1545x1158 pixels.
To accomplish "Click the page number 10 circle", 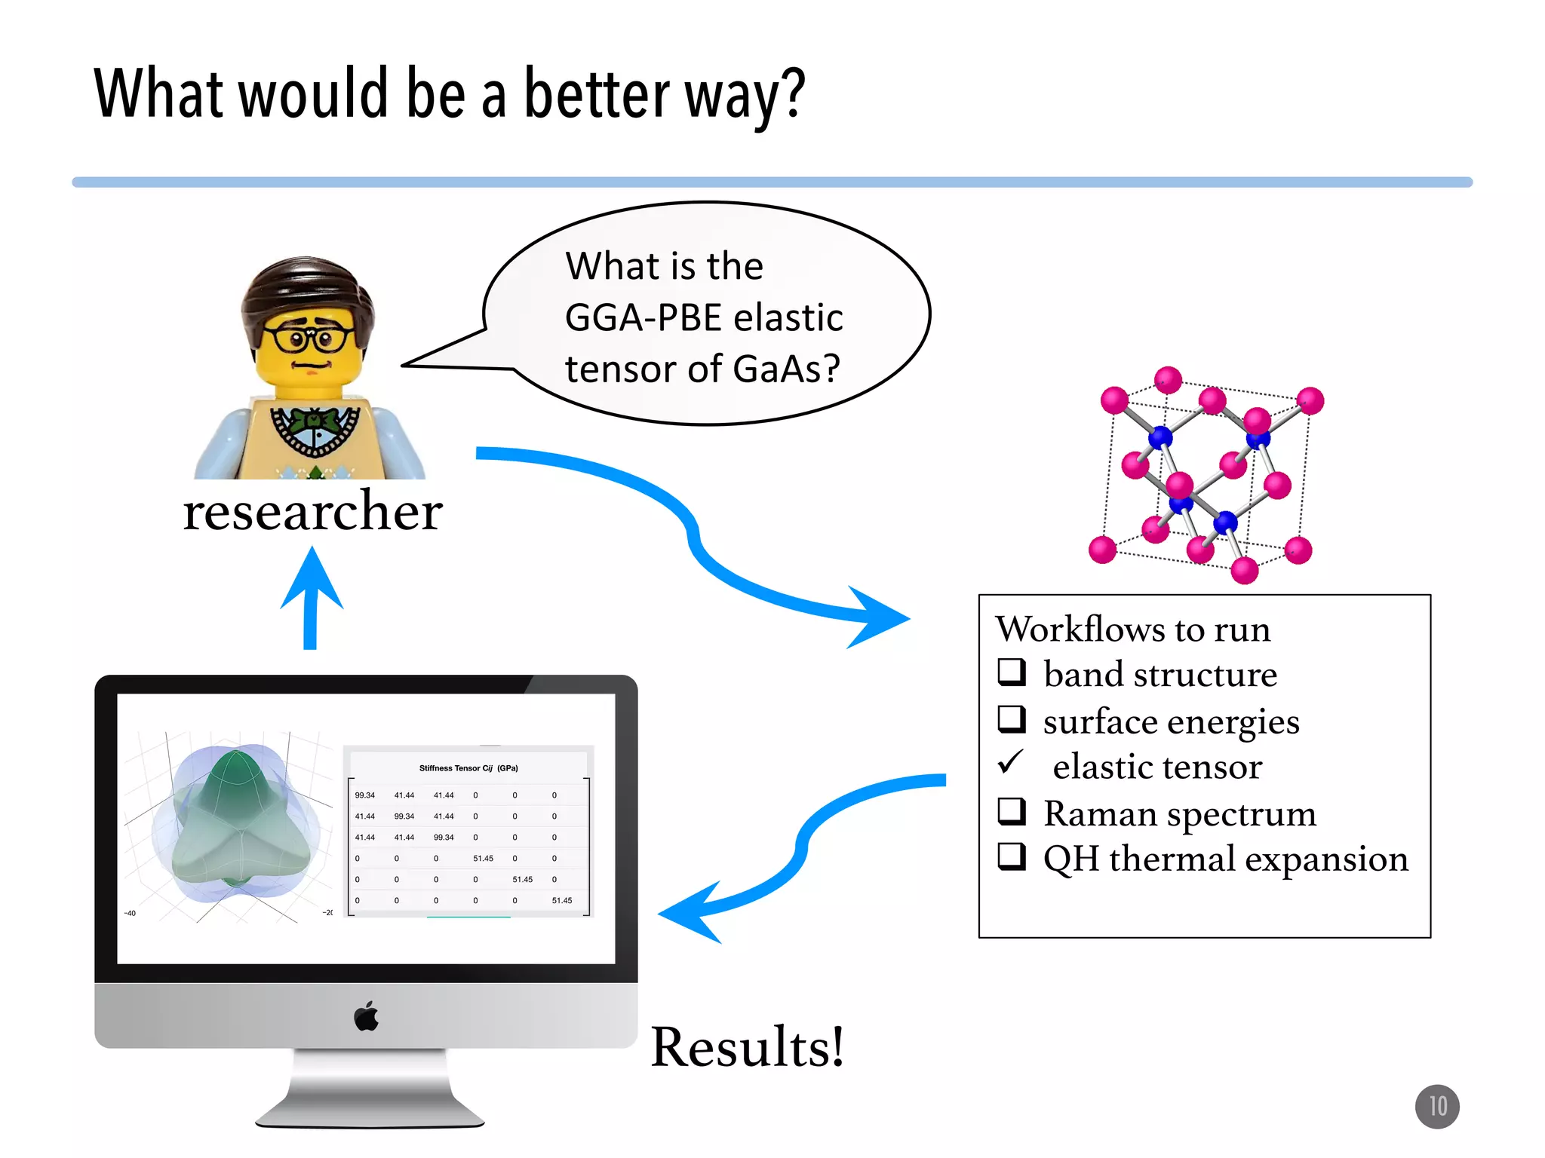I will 1436,1106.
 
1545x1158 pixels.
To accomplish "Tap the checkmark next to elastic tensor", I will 1011,762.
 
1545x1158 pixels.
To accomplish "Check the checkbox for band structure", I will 1012,671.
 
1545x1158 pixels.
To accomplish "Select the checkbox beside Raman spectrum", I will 1012,811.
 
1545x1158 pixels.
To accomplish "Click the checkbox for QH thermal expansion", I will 1012,856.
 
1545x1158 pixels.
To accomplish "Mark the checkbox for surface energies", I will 1012,718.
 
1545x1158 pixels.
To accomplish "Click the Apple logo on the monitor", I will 367,1016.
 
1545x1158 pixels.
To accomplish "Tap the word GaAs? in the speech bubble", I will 785,369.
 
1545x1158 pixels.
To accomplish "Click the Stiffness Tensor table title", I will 468,768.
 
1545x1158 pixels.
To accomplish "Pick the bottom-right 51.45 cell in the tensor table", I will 562,900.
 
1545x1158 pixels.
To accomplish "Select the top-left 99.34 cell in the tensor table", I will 365,795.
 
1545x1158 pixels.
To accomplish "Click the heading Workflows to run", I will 1132,629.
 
